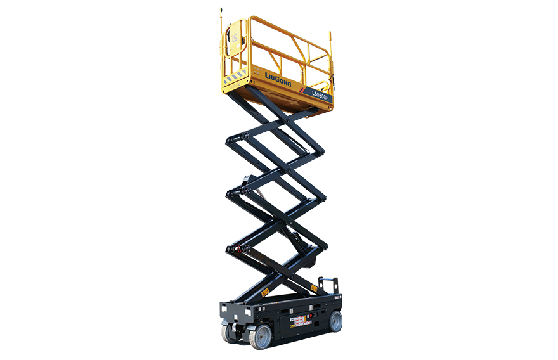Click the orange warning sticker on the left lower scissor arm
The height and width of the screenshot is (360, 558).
pyautogui.click(x=265, y=292)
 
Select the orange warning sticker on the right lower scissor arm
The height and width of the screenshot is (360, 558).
pyautogui.click(x=314, y=288)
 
